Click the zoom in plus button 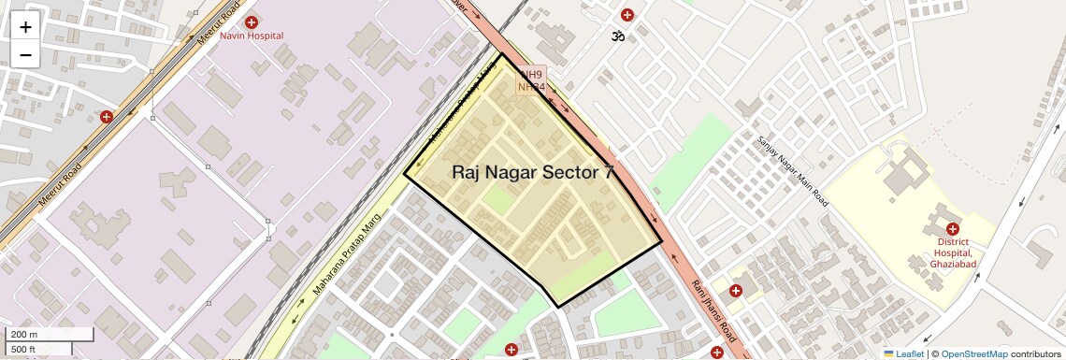(x=25, y=27)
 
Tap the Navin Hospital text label (x=252, y=36)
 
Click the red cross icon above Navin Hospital (x=251, y=22)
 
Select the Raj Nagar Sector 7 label (x=534, y=172)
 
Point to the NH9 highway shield (x=531, y=75)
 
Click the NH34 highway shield (x=531, y=87)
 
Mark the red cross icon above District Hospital (x=952, y=229)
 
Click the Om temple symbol (x=616, y=36)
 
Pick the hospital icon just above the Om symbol (x=627, y=15)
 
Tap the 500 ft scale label (x=23, y=350)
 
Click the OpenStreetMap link (x=973, y=354)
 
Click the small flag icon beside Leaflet (x=888, y=354)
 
